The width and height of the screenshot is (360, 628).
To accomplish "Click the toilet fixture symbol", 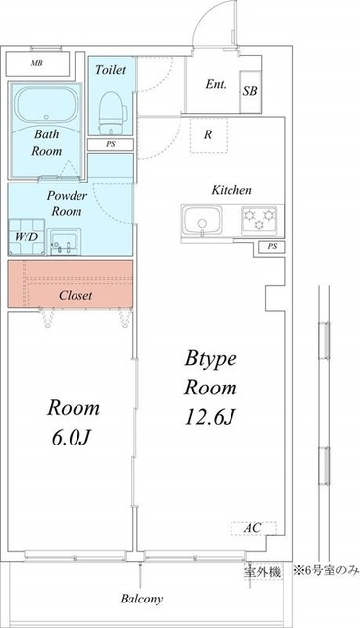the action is pyautogui.click(x=112, y=112).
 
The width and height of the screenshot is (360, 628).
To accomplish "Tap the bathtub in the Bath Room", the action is pyautogui.click(x=45, y=104).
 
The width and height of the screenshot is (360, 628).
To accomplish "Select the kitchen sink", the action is pyautogui.click(x=202, y=221).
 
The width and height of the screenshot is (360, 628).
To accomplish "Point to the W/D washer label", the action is pyautogui.click(x=26, y=236).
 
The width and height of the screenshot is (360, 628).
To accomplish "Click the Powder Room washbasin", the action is pyautogui.click(x=65, y=242).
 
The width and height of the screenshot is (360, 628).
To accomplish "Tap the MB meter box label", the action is pyautogui.click(x=37, y=63).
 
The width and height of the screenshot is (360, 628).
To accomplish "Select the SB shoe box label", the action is pyautogui.click(x=250, y=91).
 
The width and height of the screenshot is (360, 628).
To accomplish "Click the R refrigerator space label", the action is pyautogui.click(x=208, y=134).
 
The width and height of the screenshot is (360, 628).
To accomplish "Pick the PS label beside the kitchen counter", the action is pyautogui.click(x=272, y=246).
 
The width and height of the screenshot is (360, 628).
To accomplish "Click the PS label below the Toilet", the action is pyautogui.click(x=111, y=144).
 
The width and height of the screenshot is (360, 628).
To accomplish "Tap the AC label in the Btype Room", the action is pyautogui.click(x=253, y=528).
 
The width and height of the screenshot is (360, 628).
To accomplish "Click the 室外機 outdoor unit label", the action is pyautogui.click(x=262, y=572).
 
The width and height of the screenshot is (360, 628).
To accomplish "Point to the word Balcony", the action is pyautogui.click(x=142, y=600).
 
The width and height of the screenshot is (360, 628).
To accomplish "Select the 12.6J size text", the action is pyautogui.click(x=210, y=417).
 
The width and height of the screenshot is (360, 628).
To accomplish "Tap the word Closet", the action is pyautogui.click(x=76, y=295).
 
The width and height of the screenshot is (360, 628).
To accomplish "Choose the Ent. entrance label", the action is pyautogui.click(x=216, y=84).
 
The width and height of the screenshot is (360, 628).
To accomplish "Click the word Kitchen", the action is pyautogui.click(x=231, y=190).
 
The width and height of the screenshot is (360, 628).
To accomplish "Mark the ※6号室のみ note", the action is pyautogui.click(x=327, y=570).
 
